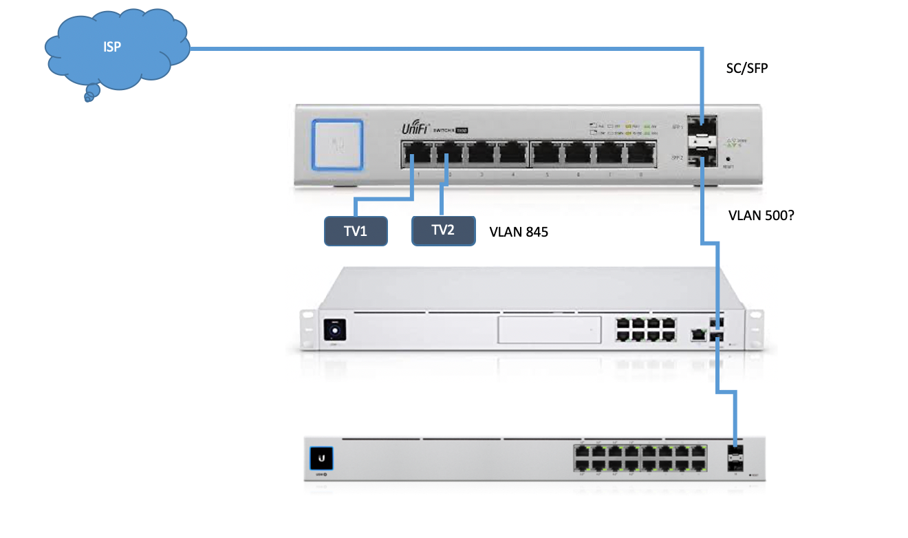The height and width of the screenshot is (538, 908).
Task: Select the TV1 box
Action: click(356, 231)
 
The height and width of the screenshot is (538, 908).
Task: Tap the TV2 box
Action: click(443, 230)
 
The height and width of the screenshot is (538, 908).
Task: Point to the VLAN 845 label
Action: click(519, 232)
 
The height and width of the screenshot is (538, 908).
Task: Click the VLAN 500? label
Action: click(761, 215)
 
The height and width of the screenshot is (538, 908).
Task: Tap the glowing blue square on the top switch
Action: click(337, 144)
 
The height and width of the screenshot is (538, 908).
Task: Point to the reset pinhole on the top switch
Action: click(728, 158)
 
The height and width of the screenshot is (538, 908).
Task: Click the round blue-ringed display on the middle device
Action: click(336, 330)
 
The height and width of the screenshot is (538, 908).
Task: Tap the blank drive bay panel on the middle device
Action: click(548, 331)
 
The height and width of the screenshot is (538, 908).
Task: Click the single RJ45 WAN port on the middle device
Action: click(698, 334)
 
